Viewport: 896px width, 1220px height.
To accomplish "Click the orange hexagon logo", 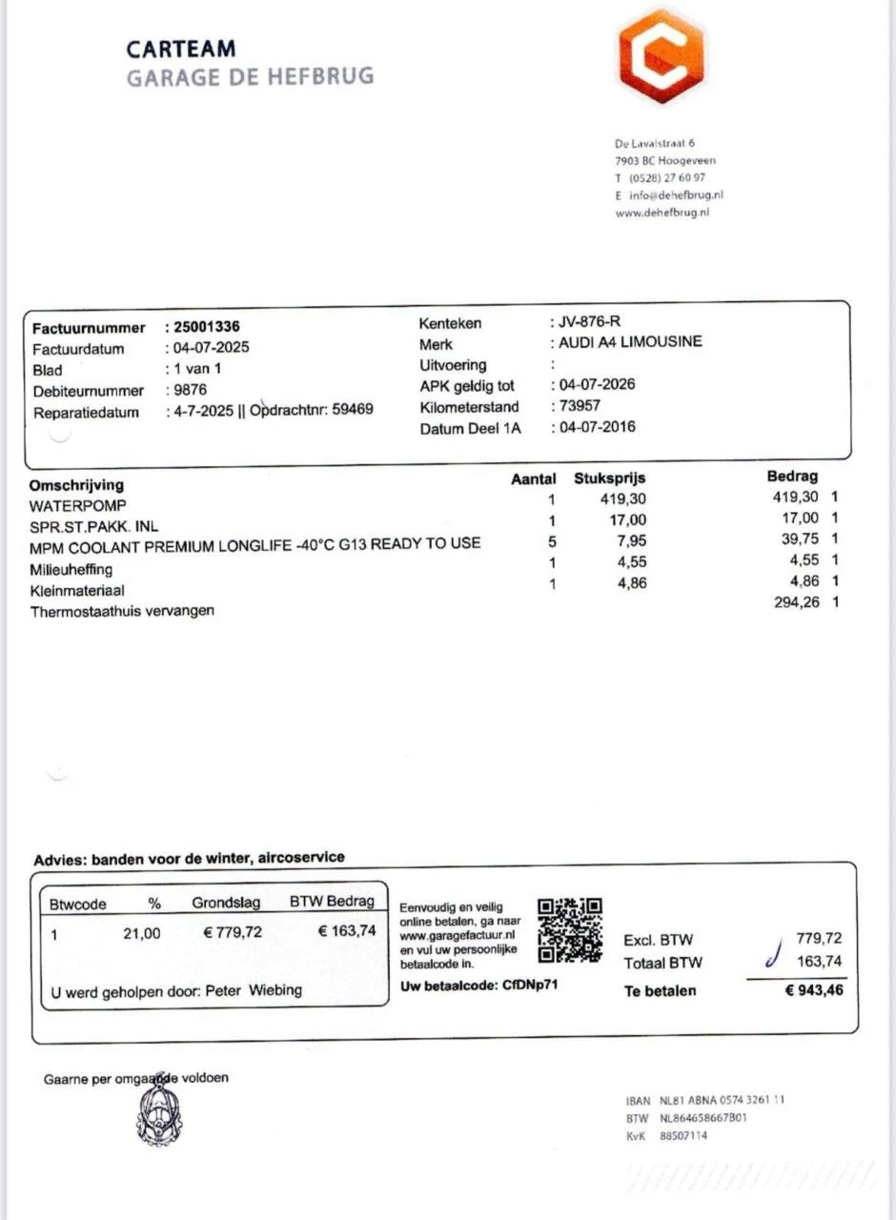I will [661, 55].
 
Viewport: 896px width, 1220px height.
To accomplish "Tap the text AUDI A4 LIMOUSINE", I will [629, 342].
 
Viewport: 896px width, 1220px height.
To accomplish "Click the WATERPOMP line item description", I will [77, 505].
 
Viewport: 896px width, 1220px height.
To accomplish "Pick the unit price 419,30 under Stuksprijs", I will [623, 498].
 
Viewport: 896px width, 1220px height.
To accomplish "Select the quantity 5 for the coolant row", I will [552, 541].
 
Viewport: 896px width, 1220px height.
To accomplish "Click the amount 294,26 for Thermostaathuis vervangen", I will [796, 602].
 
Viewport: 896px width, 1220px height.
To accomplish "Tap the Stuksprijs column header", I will [609, 478].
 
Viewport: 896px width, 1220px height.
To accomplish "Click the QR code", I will [570, 929].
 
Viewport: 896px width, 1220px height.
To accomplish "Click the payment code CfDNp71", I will [530, 985].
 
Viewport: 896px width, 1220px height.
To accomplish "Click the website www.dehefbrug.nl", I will [662, 213].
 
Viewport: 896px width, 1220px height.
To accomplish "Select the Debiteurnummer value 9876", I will [189, 390].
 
